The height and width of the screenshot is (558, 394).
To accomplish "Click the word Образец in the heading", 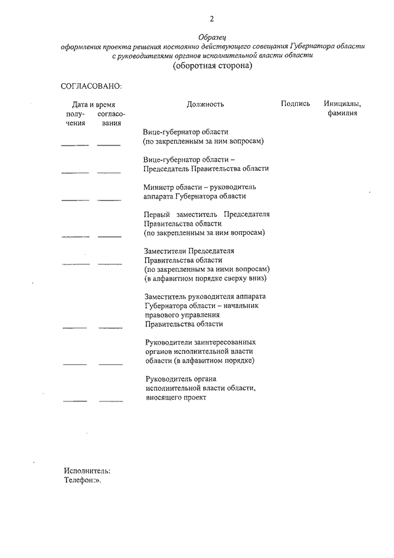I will coord(213,38).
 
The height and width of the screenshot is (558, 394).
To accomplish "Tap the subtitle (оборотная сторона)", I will coord(213,66).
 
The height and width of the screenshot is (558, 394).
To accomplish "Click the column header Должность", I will coord(205,105).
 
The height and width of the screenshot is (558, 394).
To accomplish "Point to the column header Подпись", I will coord(295,104).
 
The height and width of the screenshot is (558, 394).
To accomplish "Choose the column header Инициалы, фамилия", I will coord(342,109).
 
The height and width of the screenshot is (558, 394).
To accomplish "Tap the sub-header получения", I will coord(76,118).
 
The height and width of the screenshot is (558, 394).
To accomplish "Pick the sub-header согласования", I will coord(111,118).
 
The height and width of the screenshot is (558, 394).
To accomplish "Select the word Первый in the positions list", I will coord(159,214).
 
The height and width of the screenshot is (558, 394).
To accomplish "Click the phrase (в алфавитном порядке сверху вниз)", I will coord(206,278).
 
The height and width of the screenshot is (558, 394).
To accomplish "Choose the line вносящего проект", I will coord(175,398).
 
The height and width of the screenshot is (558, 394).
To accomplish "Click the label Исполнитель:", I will coord(87,470).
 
